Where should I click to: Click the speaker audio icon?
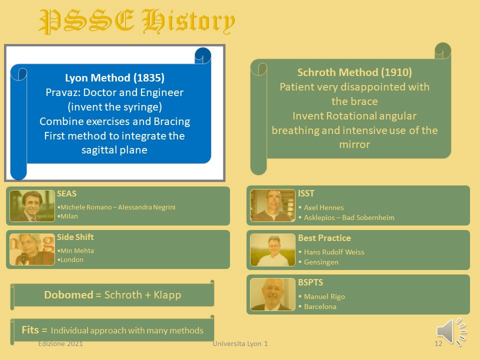[451, 331]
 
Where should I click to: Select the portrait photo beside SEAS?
[32, 205]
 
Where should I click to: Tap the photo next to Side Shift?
[32, 249]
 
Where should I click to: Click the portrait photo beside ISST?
[272, 205]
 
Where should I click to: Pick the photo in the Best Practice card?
[272, 250]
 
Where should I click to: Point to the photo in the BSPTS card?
[272, 294]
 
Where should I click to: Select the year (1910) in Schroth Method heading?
[396, 72]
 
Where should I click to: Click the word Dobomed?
[68, 294]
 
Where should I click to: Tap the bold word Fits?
[30, 329]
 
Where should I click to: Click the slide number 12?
[438, 343]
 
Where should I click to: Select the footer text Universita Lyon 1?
[240, 343]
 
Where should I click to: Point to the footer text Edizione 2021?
[60, 343]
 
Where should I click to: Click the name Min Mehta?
[77, 250]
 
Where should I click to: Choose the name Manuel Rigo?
[324, 296]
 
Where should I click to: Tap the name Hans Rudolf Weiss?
[334, 252]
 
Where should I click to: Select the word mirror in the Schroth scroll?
[354, 144]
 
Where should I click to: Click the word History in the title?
[188, 21]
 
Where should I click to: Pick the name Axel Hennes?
[324, 207]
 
